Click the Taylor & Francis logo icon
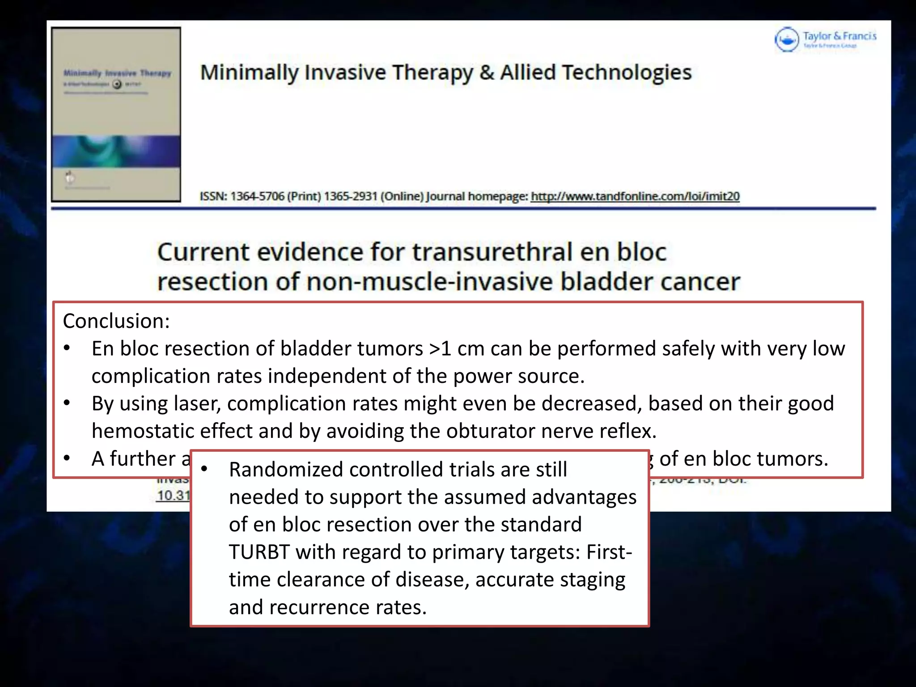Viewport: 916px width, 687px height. [786, 39]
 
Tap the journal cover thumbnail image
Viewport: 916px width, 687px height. [116, 114]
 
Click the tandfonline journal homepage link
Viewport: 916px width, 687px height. [635, 196]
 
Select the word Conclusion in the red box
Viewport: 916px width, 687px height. [115, 321]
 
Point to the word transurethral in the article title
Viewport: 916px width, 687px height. [492, 252]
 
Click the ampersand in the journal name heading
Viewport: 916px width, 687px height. [486, 73]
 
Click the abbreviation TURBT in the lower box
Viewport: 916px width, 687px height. [259, 552]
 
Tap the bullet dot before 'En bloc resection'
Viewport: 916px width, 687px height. [67, 348]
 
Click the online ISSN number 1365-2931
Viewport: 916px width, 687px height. [351, 196]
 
